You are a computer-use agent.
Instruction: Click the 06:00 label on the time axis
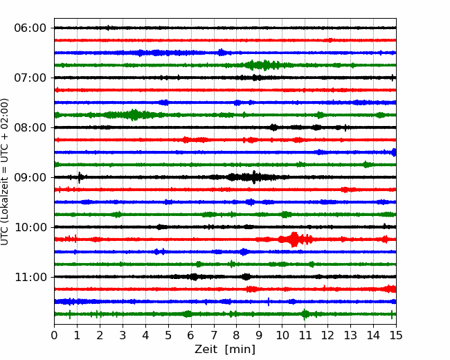(30, 28)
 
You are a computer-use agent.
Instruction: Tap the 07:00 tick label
(30, 78)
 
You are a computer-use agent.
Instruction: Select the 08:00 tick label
(30, 128)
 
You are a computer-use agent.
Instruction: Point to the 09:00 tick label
(30, 178)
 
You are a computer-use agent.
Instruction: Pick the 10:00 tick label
(30, 227)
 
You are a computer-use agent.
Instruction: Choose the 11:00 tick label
(30, 278)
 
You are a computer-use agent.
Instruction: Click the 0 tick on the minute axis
(54, 335)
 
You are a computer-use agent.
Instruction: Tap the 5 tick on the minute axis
(168, 335)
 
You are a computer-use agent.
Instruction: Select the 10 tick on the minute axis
(282, 335)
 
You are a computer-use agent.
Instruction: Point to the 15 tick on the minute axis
(396, 335)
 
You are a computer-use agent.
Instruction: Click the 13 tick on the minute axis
(350, 335)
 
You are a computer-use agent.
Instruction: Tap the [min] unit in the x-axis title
(240, 350)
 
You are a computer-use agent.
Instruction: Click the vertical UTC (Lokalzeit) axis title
(4, 172)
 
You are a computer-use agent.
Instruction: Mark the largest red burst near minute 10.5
(294, 240)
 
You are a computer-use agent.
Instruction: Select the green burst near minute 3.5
(134, 115)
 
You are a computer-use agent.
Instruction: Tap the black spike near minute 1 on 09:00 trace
(79, 177)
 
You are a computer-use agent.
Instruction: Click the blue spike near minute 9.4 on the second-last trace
(269, 302)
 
